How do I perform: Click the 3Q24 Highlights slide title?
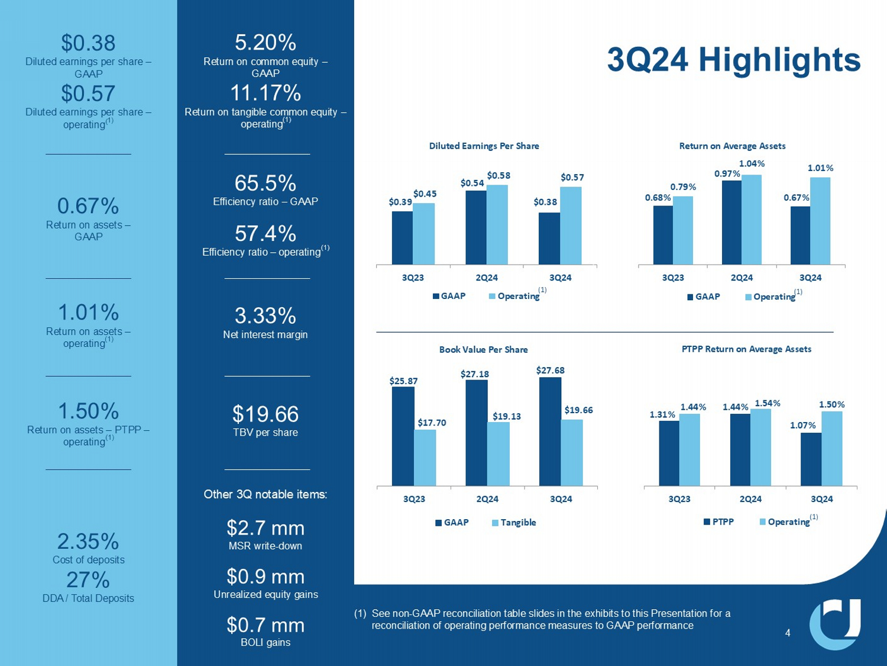tap(733, 60)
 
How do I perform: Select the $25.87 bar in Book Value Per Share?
tap(403, 436)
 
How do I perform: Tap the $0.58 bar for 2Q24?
tap(497, 224)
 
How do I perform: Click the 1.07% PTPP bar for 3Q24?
tap(811, 459)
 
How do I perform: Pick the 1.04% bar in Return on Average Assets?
tap(751, 220)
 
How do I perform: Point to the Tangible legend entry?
tap(514, 523)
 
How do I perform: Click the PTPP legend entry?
tap(718, 522)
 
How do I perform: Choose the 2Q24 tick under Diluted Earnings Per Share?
tap(487, 278)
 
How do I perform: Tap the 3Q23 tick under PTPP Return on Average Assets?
tap(679, 499)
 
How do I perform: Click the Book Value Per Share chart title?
tap(483, 350)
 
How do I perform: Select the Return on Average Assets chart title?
tap(732, 146)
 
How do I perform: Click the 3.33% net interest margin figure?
tap(265, 316)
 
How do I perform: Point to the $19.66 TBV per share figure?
tap(265, 414)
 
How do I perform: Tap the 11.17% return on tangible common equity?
tap(265, 94)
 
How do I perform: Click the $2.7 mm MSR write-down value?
tap(265, 528)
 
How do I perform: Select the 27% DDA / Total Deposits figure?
tap(88, 580)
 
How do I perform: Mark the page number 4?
tap(788, 633)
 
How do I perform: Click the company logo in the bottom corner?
tap(835, 623)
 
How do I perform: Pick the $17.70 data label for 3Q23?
tap(432, 423)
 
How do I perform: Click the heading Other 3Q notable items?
tap(265, 494)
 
